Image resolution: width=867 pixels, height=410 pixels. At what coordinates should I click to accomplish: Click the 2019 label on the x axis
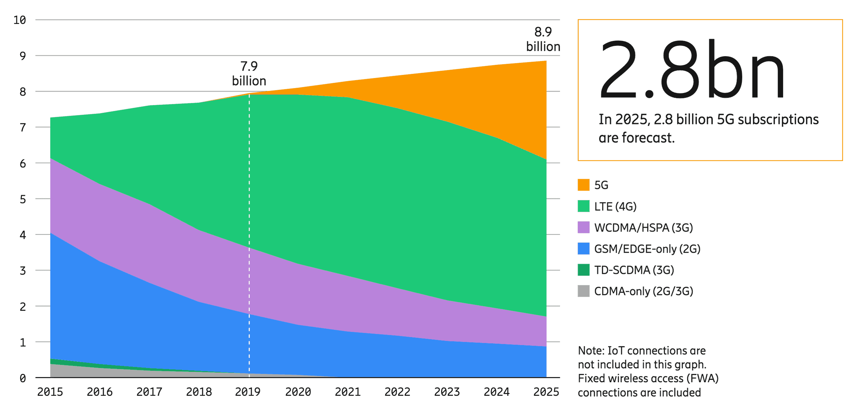248,392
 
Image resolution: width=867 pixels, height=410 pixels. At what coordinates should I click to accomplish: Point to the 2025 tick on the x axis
546,392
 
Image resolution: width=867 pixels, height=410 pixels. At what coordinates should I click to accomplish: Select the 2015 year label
50,392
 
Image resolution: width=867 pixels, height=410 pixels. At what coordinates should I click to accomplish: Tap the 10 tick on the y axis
20,20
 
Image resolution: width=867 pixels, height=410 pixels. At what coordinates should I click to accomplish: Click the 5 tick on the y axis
23,199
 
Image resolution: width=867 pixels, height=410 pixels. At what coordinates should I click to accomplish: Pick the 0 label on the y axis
23,378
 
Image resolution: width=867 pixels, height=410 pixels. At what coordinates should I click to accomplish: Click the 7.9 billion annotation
249,74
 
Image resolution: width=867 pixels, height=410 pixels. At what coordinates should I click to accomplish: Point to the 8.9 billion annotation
543,39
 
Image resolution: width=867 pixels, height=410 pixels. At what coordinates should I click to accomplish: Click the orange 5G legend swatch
583,185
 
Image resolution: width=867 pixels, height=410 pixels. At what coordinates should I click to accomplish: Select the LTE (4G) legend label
615,207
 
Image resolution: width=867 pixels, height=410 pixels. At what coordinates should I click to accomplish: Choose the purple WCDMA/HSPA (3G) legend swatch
583,227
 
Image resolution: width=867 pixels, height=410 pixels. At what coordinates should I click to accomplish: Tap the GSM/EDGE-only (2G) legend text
647,249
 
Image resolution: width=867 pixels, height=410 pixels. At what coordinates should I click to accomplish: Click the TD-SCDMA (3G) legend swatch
583,270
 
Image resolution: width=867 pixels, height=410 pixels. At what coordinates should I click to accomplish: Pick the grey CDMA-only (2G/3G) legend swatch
583,291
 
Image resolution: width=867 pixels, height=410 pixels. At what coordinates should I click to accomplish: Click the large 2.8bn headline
692,69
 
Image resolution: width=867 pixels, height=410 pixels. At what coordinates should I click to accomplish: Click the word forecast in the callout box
647,138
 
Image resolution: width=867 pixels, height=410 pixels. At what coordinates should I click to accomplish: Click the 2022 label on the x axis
397,392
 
